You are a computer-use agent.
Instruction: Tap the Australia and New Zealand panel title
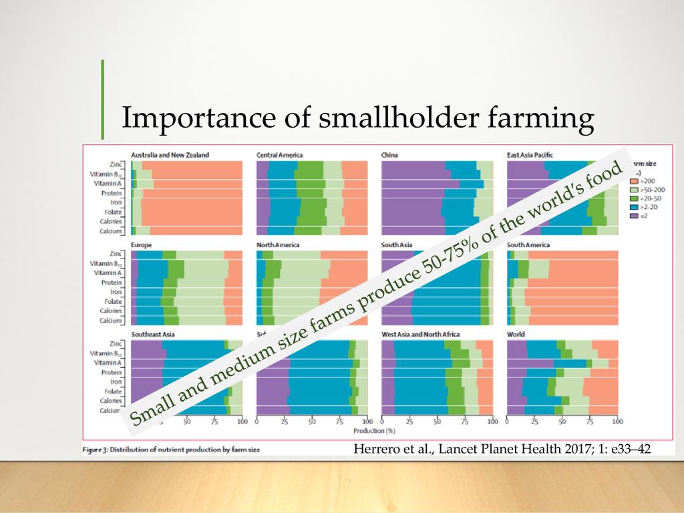coord(170,155)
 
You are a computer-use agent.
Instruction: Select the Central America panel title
coord(279,155)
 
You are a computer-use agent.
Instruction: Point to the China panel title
coord(389,155)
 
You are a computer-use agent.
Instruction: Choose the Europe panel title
coord(142,245)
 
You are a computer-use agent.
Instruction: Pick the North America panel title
coord(278,245)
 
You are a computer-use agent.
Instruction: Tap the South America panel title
coord(528,245)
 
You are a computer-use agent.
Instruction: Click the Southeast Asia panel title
coord(154,334)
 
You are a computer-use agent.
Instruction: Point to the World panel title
coord(516,334)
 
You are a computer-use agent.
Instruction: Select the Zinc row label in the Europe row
coord(114,254)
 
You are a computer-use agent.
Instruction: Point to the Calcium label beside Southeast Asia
coord(110,411)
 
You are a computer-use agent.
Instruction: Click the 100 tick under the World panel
coord(617,422)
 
